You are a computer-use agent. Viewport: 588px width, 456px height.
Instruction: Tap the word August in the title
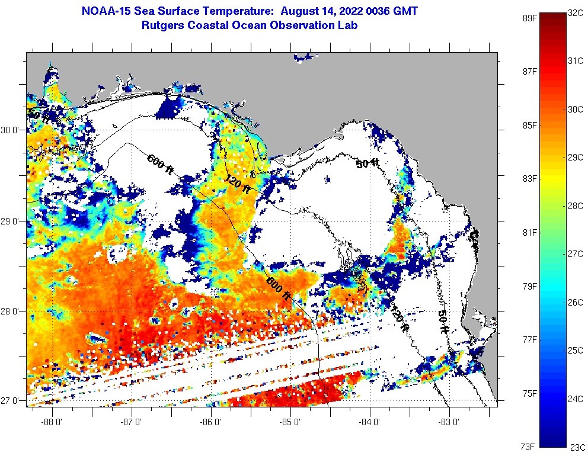click(303, 11)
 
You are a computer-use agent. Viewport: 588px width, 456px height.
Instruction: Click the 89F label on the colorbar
click(529, 18)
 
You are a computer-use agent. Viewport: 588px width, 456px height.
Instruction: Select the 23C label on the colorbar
click(576, 448)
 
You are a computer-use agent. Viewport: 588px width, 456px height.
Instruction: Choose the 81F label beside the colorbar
click(529, 232)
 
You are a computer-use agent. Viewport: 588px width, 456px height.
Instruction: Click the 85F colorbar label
click(529, 125)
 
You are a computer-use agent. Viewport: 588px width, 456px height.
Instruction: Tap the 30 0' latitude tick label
click(12, 130)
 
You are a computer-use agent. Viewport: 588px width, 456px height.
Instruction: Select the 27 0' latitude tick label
click(12, 400)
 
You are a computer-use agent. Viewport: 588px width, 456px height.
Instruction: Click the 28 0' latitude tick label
click(12, 312)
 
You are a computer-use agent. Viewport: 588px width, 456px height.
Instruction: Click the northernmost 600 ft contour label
click(159, 164)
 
